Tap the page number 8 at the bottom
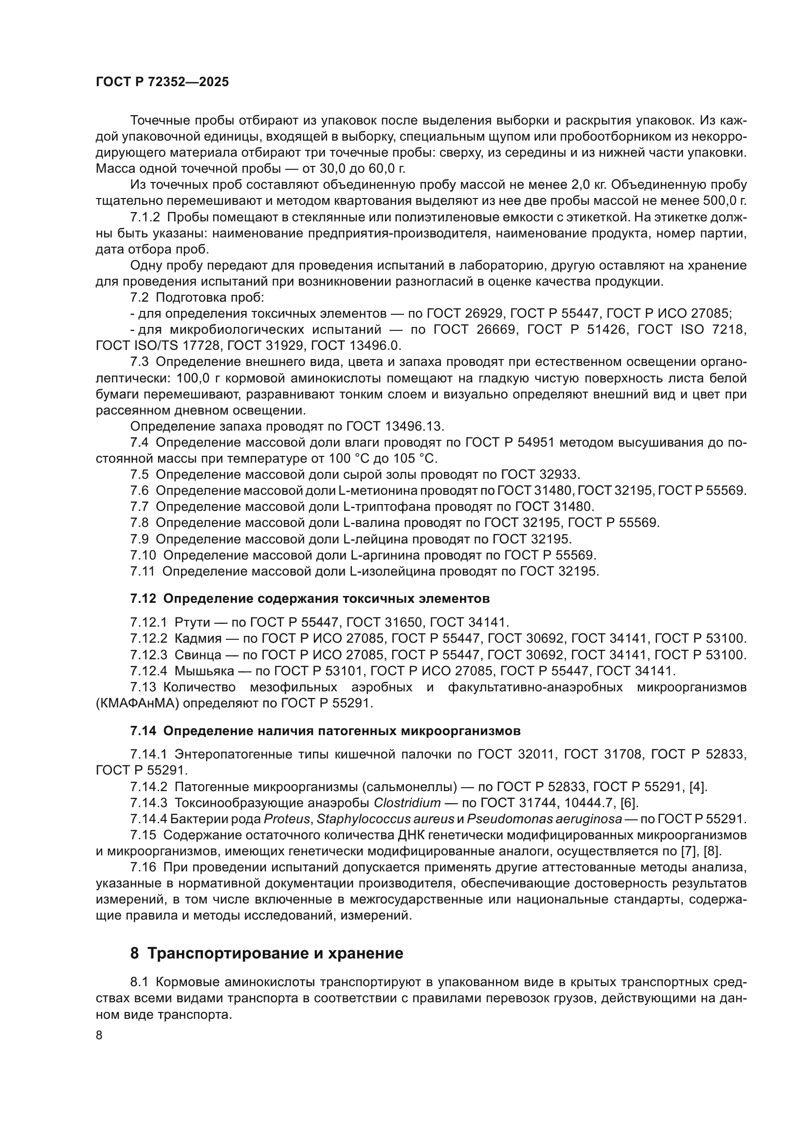(x=99, y=1035)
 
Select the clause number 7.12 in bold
(x=143, y=599)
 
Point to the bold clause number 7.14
(x=143, y=731)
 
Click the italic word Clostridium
(x=407, y=803)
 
